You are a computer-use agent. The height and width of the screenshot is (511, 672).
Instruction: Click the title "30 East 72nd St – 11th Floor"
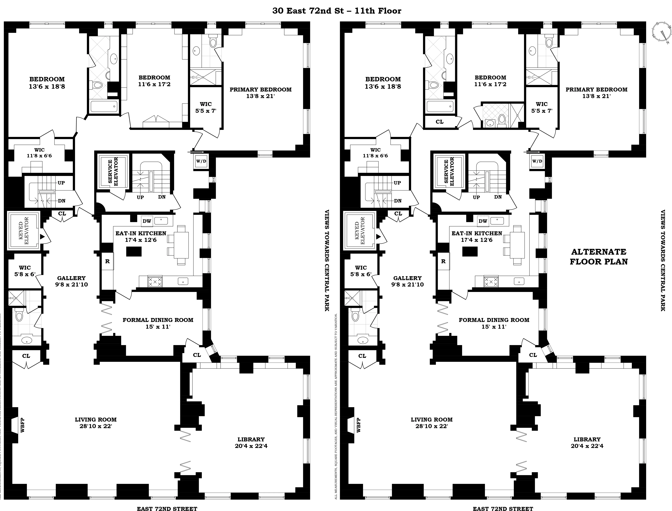coord(336,11)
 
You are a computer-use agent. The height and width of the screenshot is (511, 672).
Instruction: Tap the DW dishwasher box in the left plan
coord(147,221)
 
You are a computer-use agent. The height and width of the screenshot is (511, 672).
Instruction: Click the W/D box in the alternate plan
coord(537,161)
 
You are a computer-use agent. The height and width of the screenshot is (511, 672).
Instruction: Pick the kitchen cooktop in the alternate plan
coord(491,281)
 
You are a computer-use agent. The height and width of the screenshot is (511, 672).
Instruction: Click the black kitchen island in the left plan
coord(134,251)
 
